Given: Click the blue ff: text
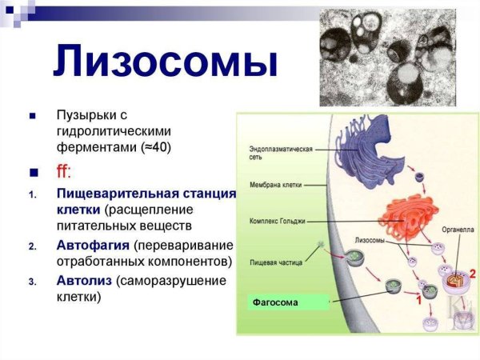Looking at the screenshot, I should [65, 172].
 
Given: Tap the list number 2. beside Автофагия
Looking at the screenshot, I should [33, 246].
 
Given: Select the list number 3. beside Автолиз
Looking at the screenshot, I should [33, 282].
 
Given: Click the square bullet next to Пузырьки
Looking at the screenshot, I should [33, 118].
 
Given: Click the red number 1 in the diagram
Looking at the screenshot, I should [417, 301].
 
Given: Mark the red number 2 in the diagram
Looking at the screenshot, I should [472, 274].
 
